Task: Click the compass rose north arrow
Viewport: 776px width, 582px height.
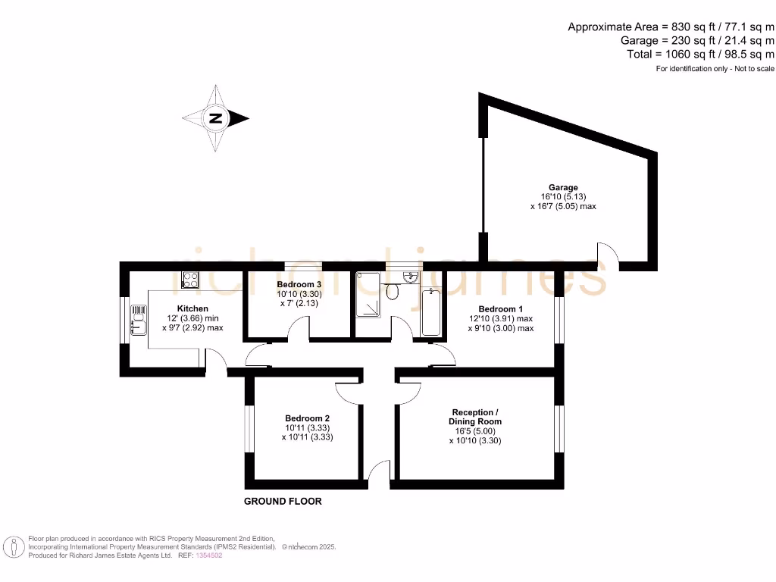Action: (216, 118)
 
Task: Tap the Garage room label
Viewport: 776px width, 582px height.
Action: (563, 187)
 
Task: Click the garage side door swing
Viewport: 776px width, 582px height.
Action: (608, 253)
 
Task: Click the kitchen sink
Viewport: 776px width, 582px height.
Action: (139, 320)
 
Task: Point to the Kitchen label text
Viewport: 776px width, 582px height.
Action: (192, 308)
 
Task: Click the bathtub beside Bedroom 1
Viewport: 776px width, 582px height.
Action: (430, 311)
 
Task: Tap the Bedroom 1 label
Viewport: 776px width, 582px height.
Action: (500, 308)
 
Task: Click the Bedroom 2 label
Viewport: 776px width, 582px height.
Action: (307, 418)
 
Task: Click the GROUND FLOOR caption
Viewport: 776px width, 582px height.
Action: (283, 501)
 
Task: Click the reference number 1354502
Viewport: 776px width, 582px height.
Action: (210, 555)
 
